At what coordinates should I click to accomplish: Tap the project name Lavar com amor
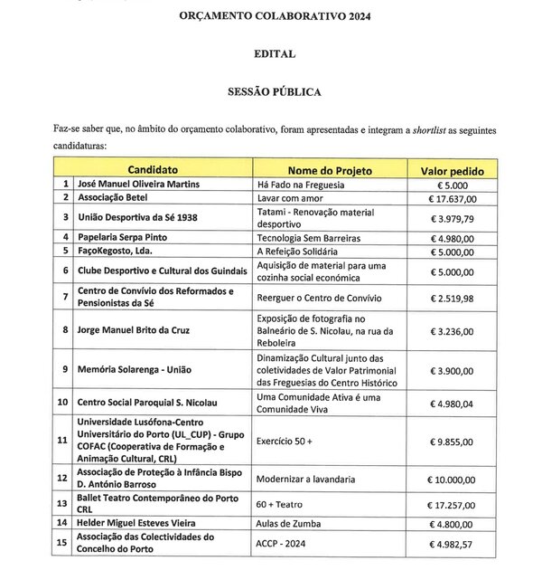pyautogui.click(x=291, y=199)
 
